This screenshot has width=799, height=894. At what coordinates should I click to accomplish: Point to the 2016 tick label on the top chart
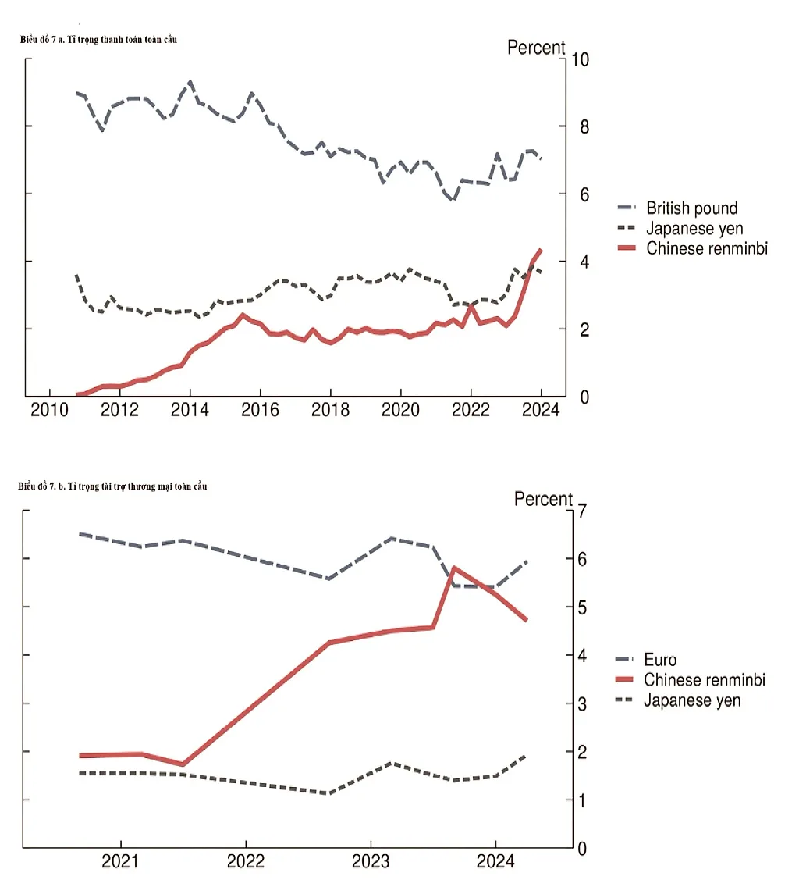pyautogui.click(x=260, y=409)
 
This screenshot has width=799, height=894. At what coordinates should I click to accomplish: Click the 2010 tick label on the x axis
pyautogui.click(x=50, y=409)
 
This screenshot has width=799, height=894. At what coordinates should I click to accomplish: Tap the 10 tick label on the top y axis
pyautogui.click(x=581, y=59)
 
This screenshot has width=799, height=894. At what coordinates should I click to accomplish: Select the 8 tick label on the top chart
pyautogui.click(x=584, y=126)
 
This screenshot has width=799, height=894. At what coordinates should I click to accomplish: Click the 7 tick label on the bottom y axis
pyautogui.click(x=582, y=511)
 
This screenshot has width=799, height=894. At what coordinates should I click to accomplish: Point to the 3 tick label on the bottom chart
pyautogui.click(x=582, y=704)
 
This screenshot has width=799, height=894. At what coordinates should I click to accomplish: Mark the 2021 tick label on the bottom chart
pyautogui.click(x=120, y=861)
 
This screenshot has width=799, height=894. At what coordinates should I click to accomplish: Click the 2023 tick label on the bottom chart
pyautogui.click(x=371, y=861)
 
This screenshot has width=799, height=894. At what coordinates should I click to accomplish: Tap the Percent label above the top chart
pyautogui.click(x=536, y=48)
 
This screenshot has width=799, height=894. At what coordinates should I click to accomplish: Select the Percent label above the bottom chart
pyautogui.click(x=543, y=499)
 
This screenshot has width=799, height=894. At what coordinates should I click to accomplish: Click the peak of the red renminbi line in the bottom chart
pyautogui.click(x=453, y=568)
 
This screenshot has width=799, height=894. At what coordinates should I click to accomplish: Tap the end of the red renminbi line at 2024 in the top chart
pyautogui.click(x=540, y=251)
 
